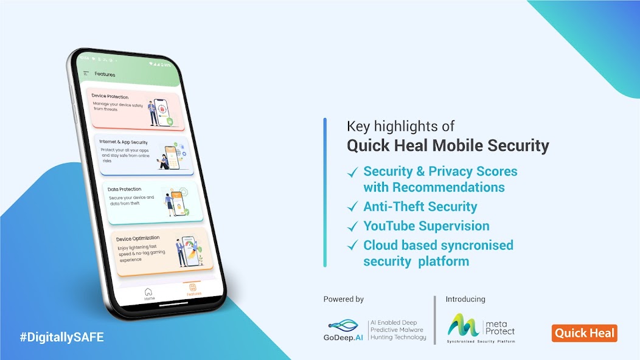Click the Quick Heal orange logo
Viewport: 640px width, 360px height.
tap(584, 333)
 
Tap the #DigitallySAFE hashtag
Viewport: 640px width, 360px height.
tap(61, 336)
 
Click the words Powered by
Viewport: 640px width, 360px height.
tap(344, 299)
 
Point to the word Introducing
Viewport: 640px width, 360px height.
tap(465, 299)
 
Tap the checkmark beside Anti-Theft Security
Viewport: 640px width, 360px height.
tap(352, 207)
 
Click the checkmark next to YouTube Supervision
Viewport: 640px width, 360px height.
tap(352, 227)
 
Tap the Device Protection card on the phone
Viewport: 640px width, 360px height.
tap(135, 110)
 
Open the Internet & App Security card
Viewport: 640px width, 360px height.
tap(145, 154)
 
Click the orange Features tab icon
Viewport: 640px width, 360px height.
tap(193, 288)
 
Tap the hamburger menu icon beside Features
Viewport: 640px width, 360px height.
tap(86, 73)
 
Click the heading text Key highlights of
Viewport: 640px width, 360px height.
tap(400, 126)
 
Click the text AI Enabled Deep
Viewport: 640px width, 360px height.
tap(395, 322)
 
